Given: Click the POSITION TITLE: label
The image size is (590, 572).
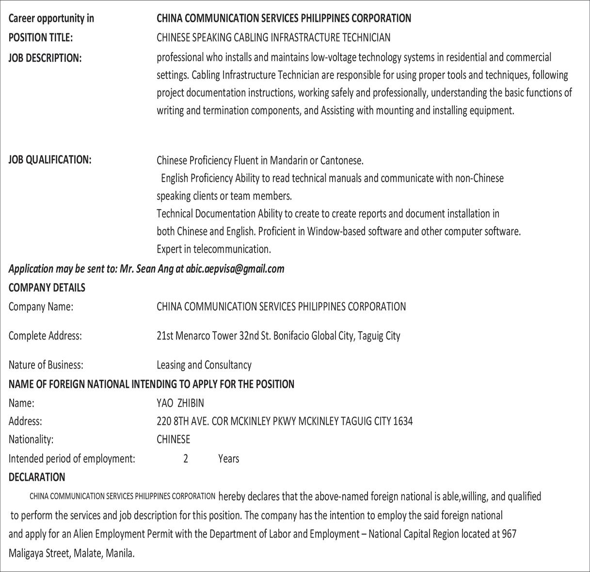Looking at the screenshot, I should pos(41,37).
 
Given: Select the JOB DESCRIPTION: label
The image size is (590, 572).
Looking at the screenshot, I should pos(45,58).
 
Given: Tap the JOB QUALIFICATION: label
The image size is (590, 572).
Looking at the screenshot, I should pos(50,159).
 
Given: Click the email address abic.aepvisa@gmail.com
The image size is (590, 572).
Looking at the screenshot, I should pos(235,269).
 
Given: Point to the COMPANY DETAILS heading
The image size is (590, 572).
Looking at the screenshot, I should pos(47,288).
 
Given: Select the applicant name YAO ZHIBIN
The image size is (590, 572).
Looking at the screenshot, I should pos(180,403).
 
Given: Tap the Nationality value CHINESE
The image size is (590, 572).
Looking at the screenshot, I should pos(173,439).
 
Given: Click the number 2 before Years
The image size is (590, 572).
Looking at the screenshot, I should pos(186,459).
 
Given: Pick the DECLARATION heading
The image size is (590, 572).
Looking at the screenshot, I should pos(37,477).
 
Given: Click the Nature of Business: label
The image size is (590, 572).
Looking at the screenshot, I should pos(46,365).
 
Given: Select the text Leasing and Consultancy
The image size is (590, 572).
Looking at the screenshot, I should pos(204,365).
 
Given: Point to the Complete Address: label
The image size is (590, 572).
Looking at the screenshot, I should pos(45,336).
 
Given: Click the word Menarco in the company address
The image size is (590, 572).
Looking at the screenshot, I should pos(193,336).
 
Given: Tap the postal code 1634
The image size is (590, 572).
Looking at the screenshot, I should pos(403,421).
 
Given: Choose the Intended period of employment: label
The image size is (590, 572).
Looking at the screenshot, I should pos(72,459).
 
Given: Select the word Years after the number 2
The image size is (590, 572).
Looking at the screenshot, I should pos(228,459).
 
